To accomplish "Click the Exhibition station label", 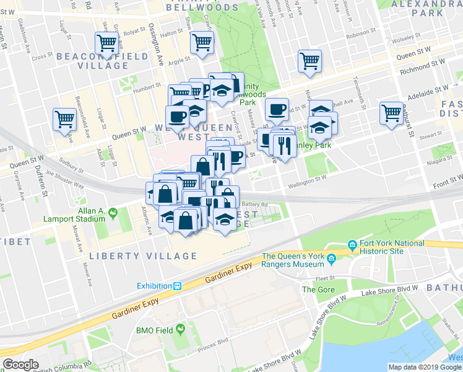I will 154,286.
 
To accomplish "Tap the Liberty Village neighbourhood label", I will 143,255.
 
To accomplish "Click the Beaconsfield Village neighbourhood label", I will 103,56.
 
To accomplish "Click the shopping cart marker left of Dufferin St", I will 65,118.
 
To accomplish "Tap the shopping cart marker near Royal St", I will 106,43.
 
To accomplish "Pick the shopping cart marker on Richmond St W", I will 309,61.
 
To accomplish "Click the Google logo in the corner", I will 20,365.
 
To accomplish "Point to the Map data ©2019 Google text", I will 424,367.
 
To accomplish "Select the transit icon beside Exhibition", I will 178,286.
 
